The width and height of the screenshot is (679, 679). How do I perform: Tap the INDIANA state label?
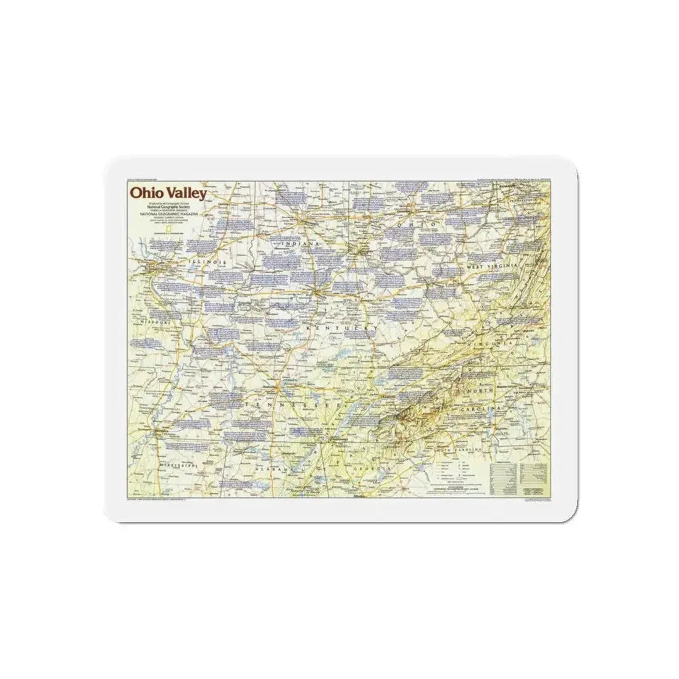[302, 244]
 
